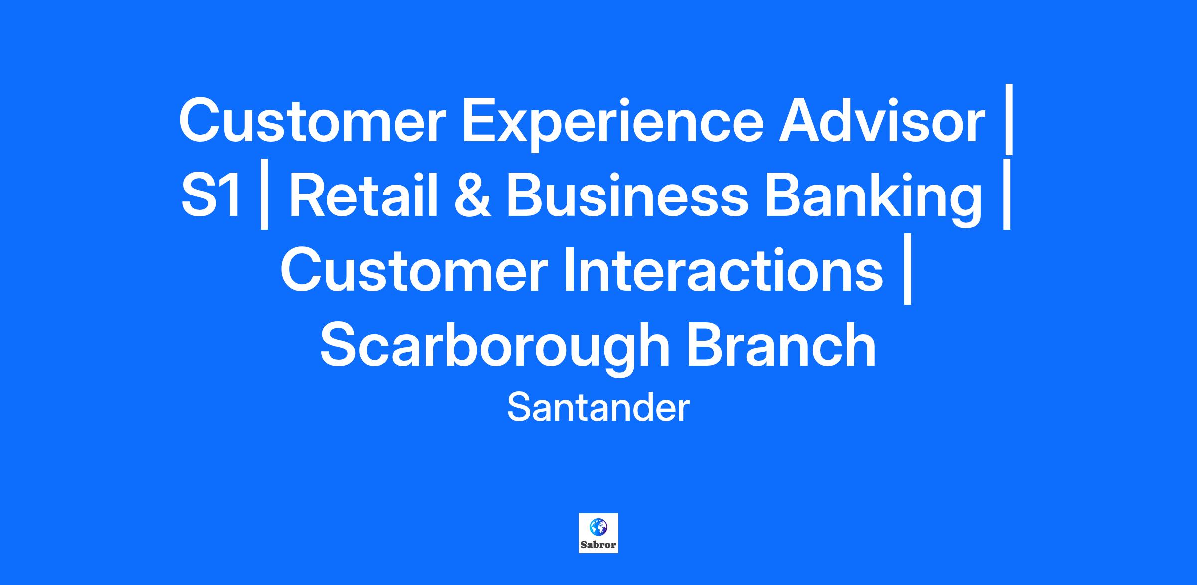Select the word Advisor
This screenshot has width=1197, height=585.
pyautogui.click(x=881, y=120)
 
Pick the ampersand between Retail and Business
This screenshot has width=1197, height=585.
pyautogui.click(x=472, y=195)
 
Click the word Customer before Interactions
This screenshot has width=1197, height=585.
pyautogui.click(x=414, y=270)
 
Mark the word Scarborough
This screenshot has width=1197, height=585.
pyautogui.click(x=495, y=348)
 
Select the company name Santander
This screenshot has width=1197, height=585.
pyautogui.click(x=598, y=408)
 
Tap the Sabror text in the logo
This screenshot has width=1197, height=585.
pyautogui.click(x=598, y=545)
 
